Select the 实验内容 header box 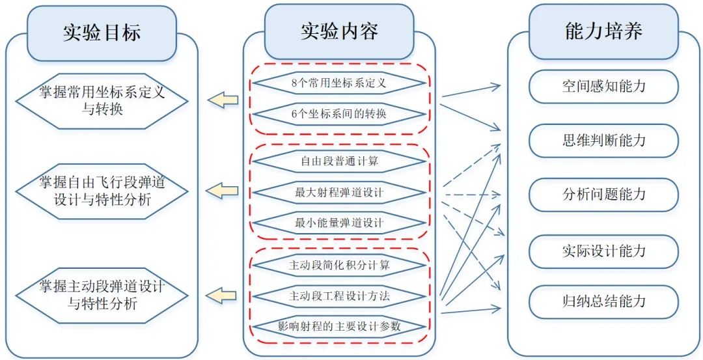point(338,31)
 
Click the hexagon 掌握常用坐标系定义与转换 point(102,100)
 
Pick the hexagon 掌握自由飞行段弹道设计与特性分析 point(102,190)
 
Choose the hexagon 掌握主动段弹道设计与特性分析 point(102,294)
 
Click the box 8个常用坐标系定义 point(338,83)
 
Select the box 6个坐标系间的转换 point(338,115)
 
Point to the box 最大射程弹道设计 point(338,192)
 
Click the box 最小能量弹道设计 point(338,223)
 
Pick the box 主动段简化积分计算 point(338,265)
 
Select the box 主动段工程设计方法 point(338,296)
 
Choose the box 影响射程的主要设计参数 point(338,326)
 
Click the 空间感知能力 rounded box point(603,87)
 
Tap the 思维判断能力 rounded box point(603,141)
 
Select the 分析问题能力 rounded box point(603,195)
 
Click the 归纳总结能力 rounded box point(603,301)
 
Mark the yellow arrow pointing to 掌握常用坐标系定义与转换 point(223,100)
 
